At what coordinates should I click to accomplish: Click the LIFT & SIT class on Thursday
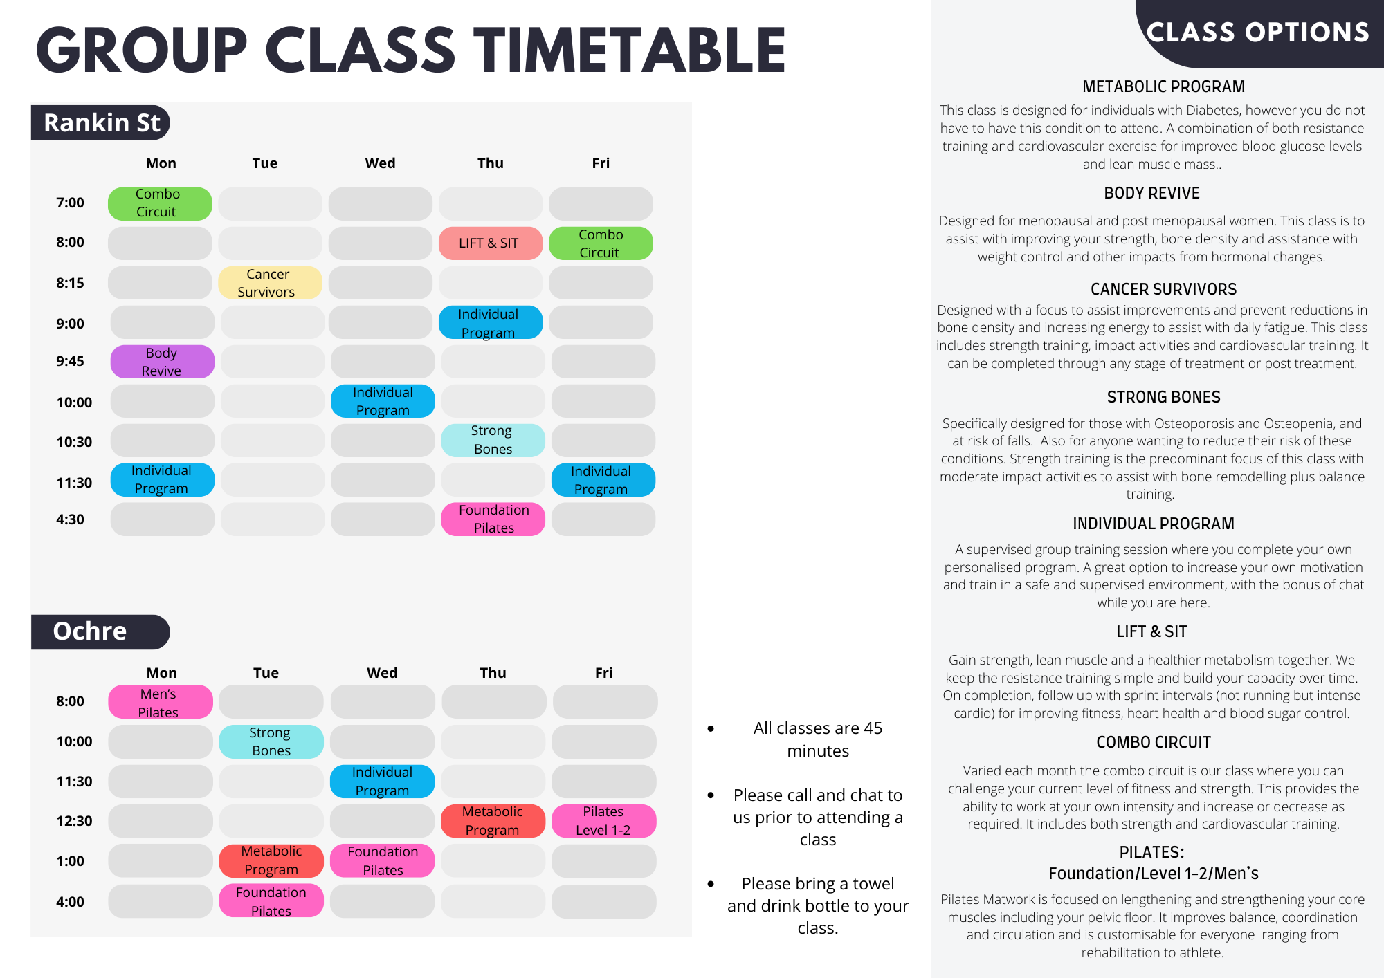click(491, 243)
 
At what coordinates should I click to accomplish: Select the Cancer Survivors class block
click(270, 283)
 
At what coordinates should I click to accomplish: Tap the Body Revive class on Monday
click(162, 362)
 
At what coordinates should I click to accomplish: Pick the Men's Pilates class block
click(161, 702)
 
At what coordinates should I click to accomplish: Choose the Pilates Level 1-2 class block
click(603, 821)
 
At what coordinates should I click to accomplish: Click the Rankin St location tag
click(100, 122)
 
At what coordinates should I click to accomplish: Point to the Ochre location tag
click(100, 631)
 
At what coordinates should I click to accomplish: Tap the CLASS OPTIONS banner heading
click(1257, 33)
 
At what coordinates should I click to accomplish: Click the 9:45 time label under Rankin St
click(70, 361)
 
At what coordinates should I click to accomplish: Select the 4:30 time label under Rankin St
click(70, 519)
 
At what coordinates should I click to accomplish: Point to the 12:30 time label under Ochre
click(74, 821)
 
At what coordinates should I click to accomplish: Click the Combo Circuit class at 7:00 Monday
click(160, 204)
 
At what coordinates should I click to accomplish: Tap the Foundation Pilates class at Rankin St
click(493, 519)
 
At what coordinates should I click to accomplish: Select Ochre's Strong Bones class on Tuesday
click(271, 741)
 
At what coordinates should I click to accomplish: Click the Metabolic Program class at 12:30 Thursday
click(493, 821)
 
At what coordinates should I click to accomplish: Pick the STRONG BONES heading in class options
click(1163, 397)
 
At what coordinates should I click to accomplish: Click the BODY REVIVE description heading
click(1151, 193)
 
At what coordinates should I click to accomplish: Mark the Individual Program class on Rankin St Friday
click(603, 480)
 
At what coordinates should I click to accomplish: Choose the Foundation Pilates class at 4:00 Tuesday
click(271, 901)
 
